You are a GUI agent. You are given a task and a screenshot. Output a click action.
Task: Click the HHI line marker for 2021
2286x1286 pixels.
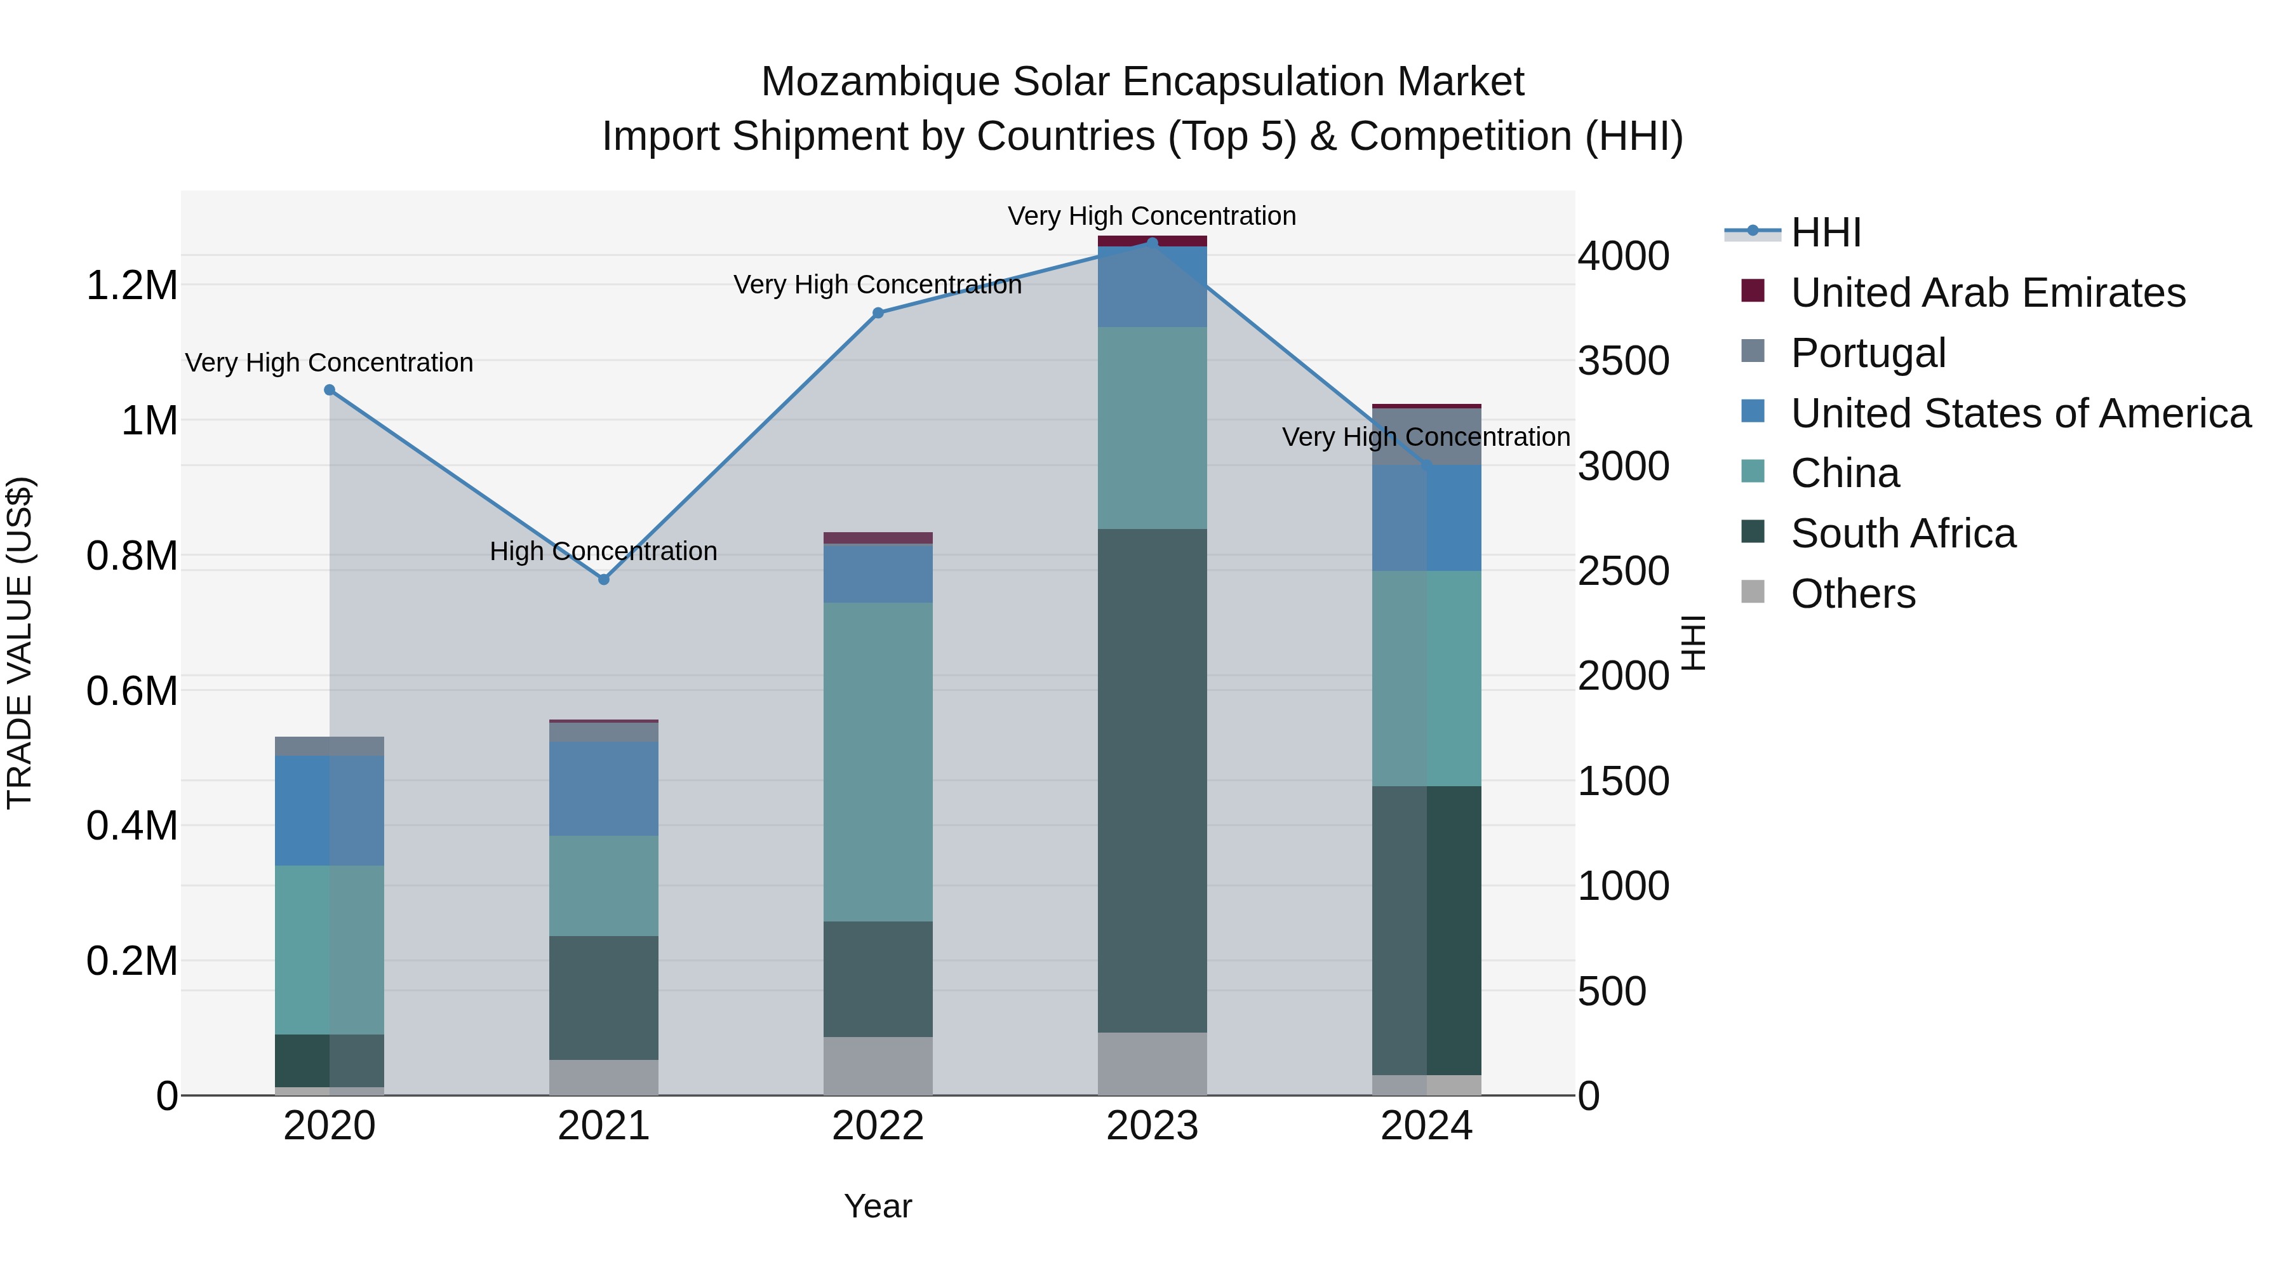(603, 580)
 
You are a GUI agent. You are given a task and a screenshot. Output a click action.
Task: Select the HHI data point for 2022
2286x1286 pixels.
(878, 312)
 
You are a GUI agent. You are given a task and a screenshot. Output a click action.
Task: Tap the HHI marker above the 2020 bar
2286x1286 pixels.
(329, 390)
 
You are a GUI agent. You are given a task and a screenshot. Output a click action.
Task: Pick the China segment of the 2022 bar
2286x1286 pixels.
(878, 761)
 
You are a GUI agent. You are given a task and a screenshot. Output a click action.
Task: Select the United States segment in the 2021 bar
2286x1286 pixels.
(603, 788)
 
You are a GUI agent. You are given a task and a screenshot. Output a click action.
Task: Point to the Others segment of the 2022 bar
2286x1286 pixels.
(878, 1065)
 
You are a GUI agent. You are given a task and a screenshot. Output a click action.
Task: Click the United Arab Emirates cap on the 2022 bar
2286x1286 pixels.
(878, 538)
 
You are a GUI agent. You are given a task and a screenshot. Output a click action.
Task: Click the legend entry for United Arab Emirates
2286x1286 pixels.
(1987, 292)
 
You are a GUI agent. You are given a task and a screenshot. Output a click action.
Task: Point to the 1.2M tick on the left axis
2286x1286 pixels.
(131, 286)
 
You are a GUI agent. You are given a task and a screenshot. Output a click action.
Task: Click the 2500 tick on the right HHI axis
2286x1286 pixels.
(1622, 571)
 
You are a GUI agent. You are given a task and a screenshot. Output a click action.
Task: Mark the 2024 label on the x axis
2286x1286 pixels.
(1426, 1126)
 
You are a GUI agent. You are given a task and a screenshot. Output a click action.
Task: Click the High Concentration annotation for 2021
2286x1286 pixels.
(603, 551)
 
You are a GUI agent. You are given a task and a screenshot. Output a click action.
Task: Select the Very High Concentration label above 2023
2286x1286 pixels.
(1151, 216)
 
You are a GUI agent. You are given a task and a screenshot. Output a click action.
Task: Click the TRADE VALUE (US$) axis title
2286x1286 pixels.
(20, 643)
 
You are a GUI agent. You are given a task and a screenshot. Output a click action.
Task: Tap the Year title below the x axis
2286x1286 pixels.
(878, 1206)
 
